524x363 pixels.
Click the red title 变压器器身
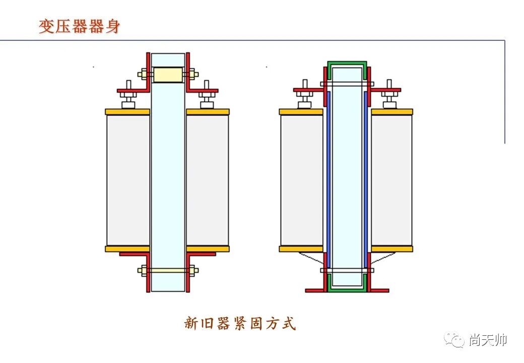(x=79, y=26)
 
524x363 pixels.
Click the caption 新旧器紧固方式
(x=240, y=323)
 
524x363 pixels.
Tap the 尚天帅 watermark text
(x=487, y=340)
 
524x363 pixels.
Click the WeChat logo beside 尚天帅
(x=454, y=341)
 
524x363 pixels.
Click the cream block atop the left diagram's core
(x=168, y=75)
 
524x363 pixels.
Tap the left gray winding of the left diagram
(x=128, y=180)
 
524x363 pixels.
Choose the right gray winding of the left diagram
(x=208, y=180)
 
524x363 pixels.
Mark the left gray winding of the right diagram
(x=301, y=180)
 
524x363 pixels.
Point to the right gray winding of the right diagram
(x=391, y=180)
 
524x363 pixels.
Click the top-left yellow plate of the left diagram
(x=127, y=111)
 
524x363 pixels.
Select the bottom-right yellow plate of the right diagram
(x=391, y=249)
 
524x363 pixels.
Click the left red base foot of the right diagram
(x=314, y=290)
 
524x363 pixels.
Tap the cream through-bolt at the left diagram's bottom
(x=168, y=270)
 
